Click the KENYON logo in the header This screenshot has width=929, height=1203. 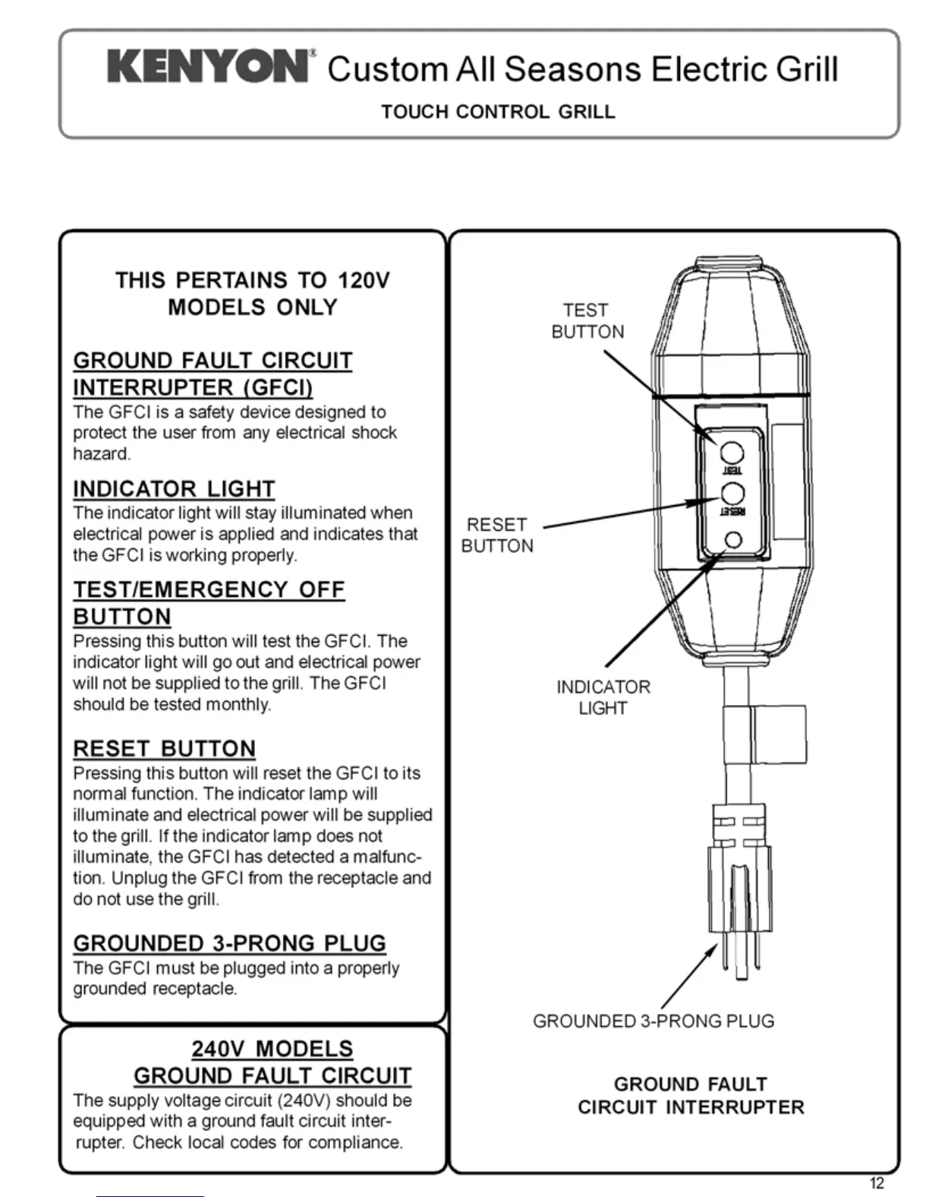[208, 67]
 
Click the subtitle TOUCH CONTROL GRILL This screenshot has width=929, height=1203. [498, 112]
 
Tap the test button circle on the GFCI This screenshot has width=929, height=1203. [732, 453]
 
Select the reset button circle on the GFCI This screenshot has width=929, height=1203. [732, 493]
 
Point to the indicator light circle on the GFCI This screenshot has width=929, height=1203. [733, 539]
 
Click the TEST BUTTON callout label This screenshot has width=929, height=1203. [587, 321]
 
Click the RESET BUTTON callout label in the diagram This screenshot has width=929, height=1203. [497, 535]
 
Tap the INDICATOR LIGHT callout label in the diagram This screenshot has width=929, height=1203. [603, 697]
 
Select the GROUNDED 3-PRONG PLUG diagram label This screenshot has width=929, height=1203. [653, 1021]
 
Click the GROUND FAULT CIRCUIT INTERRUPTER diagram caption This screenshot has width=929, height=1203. [691, 1095]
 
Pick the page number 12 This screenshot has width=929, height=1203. [877, 1183]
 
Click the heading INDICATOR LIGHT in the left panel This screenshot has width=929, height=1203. [174, 489]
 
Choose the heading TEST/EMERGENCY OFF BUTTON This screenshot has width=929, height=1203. [209, 603]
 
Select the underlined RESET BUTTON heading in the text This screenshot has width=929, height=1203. [164, 749]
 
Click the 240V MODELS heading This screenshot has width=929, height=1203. [272, 1049]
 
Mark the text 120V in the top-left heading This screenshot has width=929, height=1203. [363, 280]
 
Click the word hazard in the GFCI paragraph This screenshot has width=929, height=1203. [101, 453]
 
